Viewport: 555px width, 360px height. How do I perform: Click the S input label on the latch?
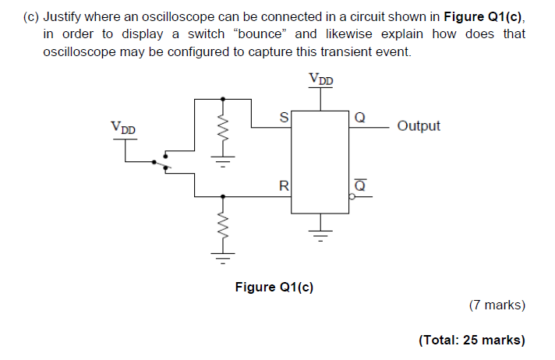[x=284, y=118]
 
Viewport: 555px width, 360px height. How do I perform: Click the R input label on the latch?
[x=284, y=186]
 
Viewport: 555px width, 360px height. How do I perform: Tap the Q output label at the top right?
[x=359, y=118]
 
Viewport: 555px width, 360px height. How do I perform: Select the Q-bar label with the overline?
[x=359, y=185]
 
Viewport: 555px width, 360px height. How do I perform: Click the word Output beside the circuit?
[x=419, y=125]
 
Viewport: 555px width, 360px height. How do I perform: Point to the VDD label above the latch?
[x=320, y=79]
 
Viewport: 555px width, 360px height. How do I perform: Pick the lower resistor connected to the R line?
[x=224, y=228]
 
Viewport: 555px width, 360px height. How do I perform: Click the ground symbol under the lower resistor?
[x=224, y=254]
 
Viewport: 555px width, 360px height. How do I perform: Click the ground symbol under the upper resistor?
[x=224, y=164]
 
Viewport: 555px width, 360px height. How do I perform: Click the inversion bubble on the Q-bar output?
[x=352, y=197]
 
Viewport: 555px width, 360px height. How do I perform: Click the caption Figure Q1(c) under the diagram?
[x=274, y=287]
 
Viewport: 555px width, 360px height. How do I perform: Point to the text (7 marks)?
[x=497, y=305]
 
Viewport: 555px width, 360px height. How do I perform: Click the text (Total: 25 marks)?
[x=472, y=340]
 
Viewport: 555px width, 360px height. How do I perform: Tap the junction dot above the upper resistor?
[x=224, y=99]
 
